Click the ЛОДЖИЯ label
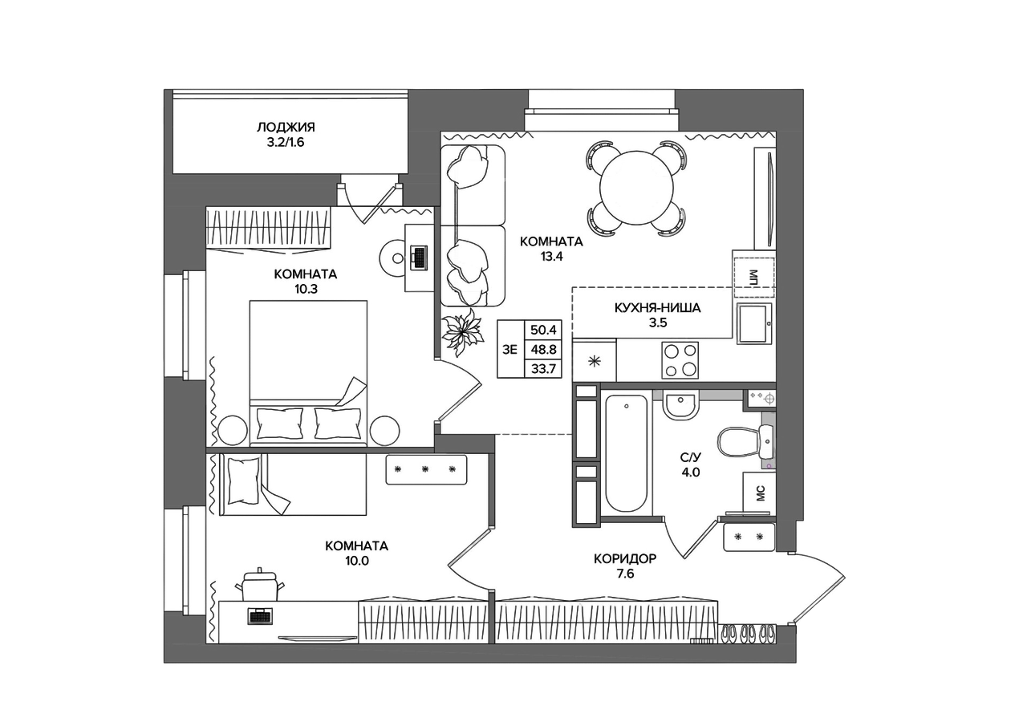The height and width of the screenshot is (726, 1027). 286,127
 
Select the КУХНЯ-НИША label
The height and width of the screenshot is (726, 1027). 657,308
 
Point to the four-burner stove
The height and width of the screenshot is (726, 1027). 680,360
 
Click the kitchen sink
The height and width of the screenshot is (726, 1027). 753,323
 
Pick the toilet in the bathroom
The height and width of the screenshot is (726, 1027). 745,442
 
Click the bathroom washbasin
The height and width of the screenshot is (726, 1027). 680,406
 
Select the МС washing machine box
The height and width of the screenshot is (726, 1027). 759,493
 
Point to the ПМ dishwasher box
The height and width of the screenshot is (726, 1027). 753,278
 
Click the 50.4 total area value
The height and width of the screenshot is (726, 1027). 543,330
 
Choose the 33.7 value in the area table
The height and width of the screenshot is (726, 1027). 543,368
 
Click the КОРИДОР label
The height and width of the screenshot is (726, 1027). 625,558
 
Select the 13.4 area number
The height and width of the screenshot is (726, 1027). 551,257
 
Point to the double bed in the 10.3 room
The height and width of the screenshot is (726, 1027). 308,373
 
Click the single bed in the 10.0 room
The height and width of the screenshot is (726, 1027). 293,485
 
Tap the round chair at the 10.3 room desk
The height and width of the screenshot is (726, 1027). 393,258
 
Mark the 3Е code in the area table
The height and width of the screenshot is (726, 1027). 509,350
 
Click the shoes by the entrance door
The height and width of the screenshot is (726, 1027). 749,635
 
